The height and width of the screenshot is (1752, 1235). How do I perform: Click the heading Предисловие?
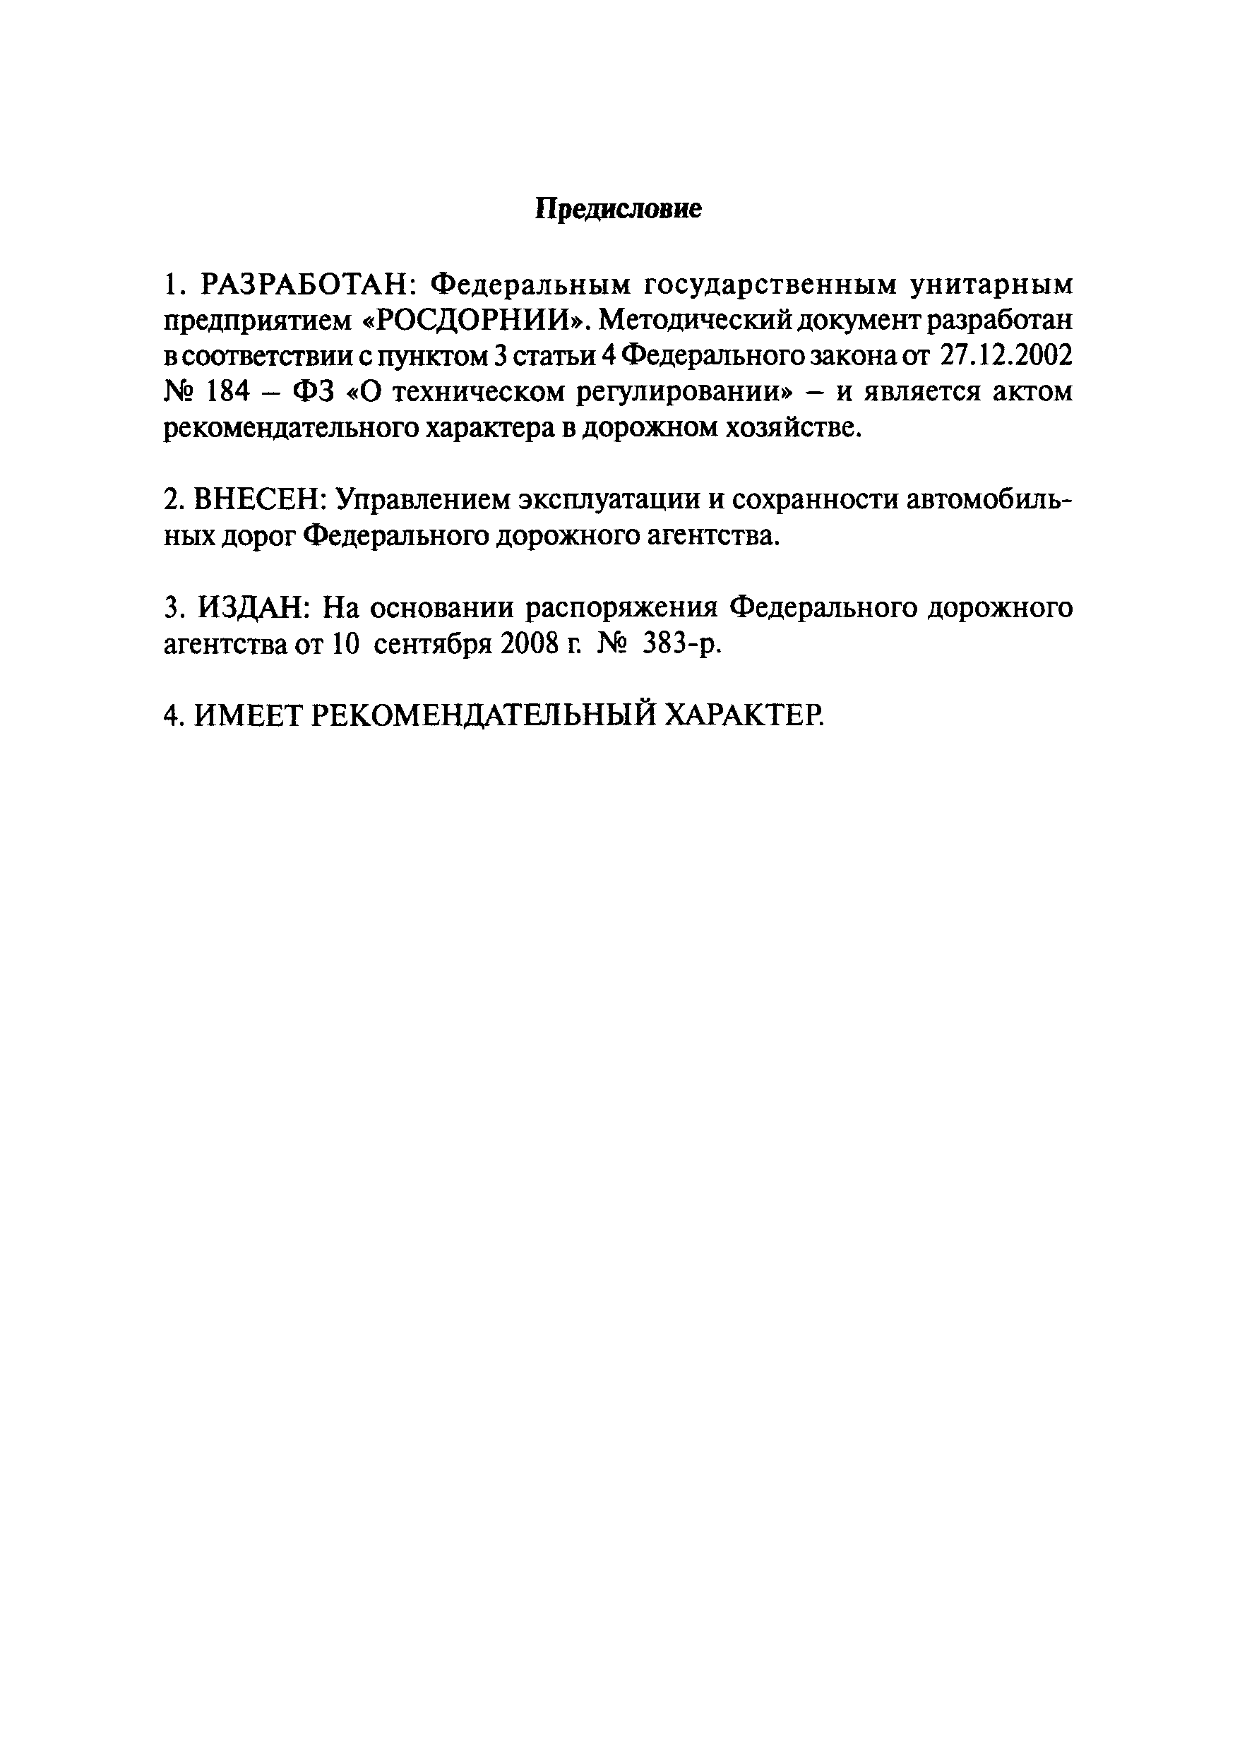pos(617,208)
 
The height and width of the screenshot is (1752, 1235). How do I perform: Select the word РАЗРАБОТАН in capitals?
pos(305,285)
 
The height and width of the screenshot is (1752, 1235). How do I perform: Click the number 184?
pos(228,392)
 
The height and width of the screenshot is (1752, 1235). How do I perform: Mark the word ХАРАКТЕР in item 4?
pos(744,716)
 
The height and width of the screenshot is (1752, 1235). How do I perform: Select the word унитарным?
pos(991,286)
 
